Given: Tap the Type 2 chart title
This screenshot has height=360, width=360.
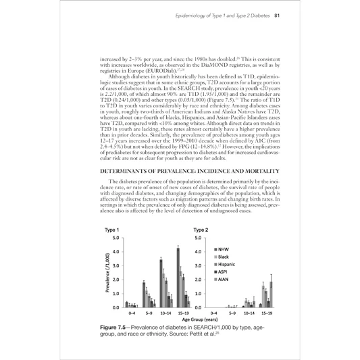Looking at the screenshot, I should pos(201,230).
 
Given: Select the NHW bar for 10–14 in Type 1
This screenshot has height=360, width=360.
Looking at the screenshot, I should pos(160,283).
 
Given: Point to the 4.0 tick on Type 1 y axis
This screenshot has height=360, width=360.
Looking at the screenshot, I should pos(115,252).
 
